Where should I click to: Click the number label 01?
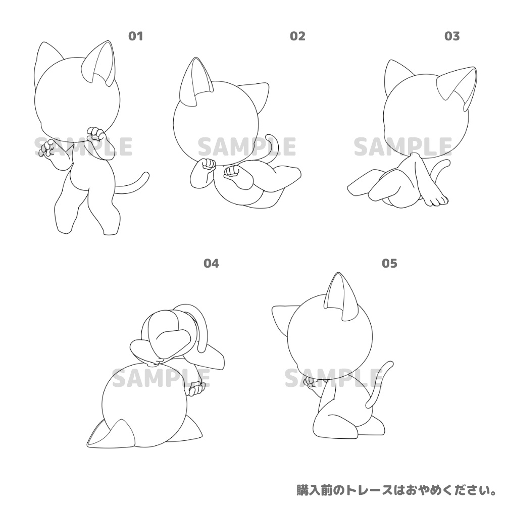click(136, 36)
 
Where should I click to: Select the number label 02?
click(297, 36)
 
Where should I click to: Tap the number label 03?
click(452, 36)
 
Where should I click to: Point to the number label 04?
click(211, 263)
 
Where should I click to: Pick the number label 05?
click(390, 263)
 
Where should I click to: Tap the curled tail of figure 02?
click(273, 146)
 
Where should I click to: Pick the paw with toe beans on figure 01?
click(47, 148)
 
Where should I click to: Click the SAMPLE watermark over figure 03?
click(402, 146)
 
